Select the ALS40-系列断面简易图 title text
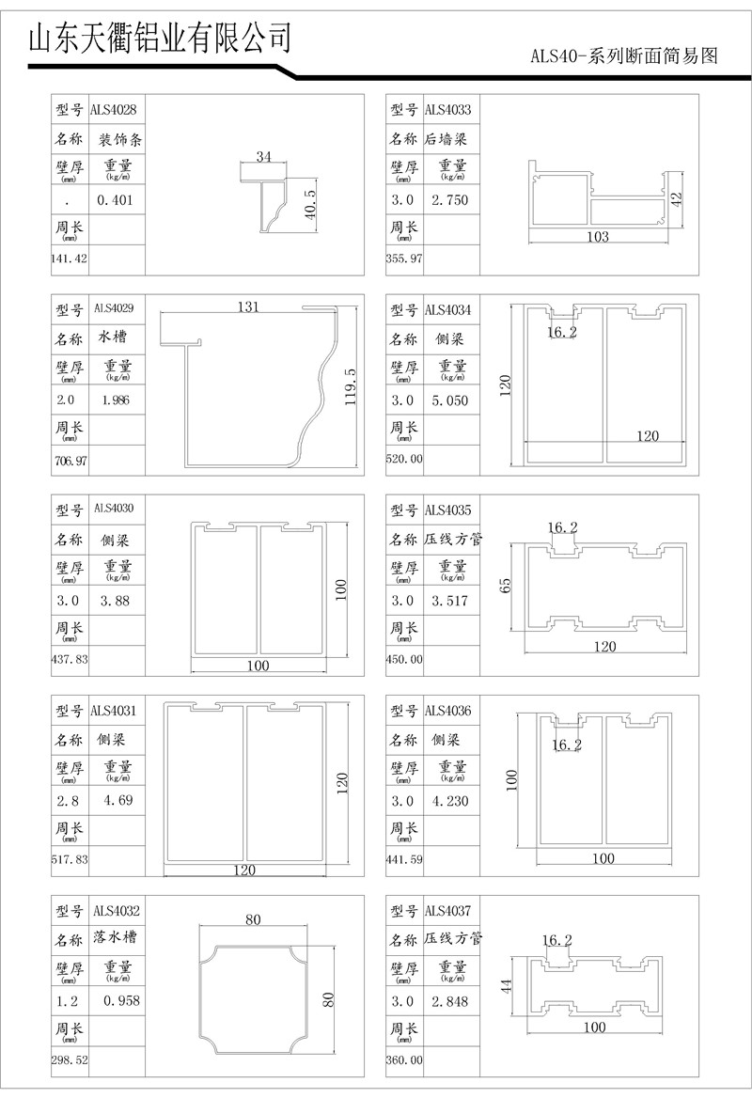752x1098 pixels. pos(624,56)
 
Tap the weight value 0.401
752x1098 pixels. pos(116,200)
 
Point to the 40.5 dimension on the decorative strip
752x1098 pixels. pos(311,202)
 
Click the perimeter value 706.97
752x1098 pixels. pos(71,461)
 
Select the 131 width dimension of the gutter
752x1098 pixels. pos(247,307)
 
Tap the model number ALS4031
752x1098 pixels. pos(116,711)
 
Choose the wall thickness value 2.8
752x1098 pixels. pos(69,801)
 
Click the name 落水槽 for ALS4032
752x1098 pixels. pos(117,939)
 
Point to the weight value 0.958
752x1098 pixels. pos(121,1001)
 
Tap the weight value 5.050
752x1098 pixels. pos(450,401)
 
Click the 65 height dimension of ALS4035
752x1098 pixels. pos(506,585)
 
